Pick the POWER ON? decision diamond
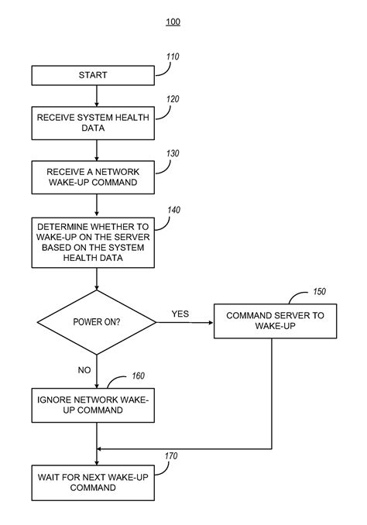(97, 321)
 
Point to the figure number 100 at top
(173, 22)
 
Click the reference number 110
(172, 57)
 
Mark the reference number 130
(172, 153)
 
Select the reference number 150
(318, 292)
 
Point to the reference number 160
(137, 377)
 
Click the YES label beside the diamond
(180, 314)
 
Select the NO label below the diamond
(84, 370)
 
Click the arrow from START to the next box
(97, 94)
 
